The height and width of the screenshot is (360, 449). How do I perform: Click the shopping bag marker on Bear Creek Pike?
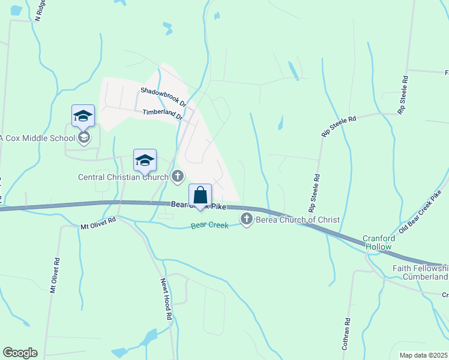click(x=200, y=196)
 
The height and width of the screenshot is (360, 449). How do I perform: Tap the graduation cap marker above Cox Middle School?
click(x=83, y=116)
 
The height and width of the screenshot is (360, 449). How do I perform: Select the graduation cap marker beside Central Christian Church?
click(x=145, y=160)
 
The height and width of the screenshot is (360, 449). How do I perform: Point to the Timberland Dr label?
click(x=162, y=115)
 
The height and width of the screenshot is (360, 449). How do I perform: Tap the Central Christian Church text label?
click(x=124, y=177)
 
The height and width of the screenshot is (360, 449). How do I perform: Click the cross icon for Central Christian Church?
click(x=178, y=176)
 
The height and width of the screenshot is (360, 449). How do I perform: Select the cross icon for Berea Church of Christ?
click(x=247, y=220)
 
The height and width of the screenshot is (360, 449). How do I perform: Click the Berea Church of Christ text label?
click(x=298, y=220)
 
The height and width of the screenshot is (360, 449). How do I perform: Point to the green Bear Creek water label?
click(x=209, y=226)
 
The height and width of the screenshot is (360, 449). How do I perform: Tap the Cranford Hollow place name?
click(x=376, y=243)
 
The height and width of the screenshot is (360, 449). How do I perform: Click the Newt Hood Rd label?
click(x=166, y=299)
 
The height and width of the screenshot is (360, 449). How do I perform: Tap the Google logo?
click(x=20, y=353)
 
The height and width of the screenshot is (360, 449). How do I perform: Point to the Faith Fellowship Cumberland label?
click(x=420, y=272)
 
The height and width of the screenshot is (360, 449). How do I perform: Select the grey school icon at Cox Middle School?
click(x=84, y=139)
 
